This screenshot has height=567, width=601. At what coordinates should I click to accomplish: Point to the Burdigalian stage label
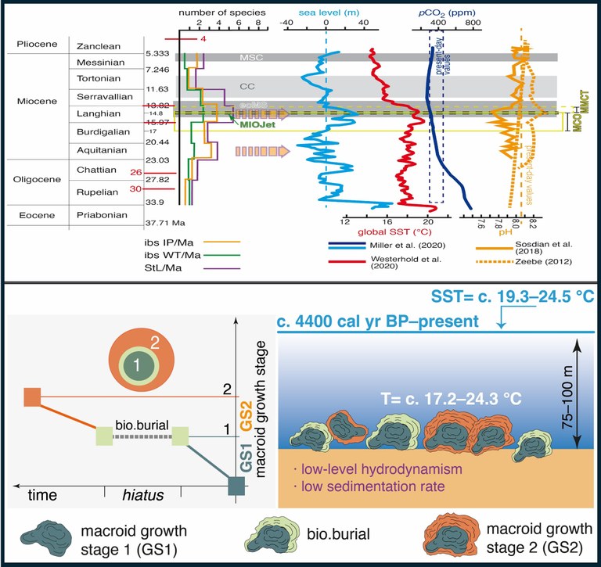pos(98,131)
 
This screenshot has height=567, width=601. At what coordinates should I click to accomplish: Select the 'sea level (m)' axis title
pos(326,12)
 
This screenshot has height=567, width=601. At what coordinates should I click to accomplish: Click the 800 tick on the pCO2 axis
pos(471,23)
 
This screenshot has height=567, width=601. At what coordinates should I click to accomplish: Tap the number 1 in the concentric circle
pos(138,365)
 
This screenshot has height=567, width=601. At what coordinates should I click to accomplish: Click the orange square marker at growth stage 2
pos(32,397)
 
